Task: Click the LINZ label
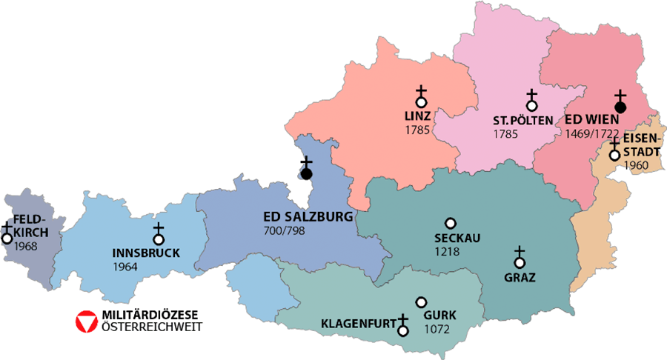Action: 418,118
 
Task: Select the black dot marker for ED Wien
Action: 621,107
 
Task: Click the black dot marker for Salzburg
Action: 306,173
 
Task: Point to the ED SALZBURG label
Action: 308,218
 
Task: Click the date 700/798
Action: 285,232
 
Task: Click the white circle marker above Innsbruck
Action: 158,239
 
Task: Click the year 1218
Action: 448,252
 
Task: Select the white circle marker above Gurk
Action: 422,302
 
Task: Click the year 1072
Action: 436,329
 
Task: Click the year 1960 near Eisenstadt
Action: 636,165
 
